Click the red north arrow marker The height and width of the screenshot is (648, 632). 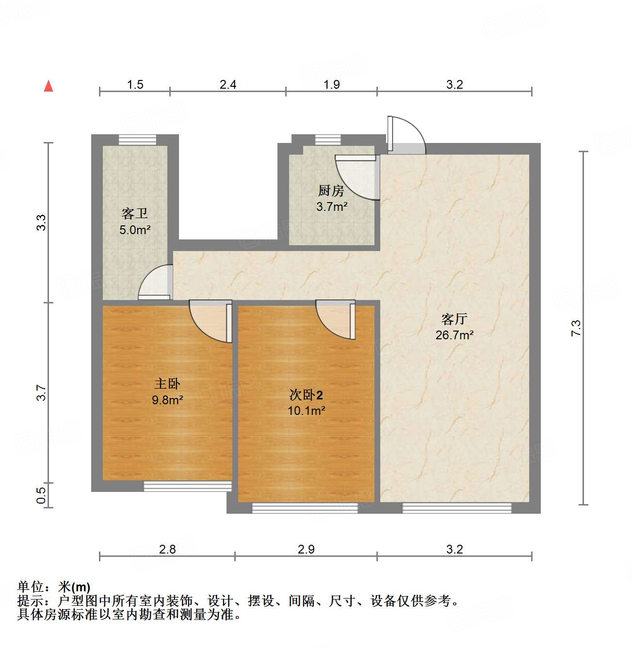[x=49, y=86]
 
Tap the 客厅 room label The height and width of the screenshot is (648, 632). [x=454, y=319]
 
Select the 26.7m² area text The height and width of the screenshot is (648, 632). [x=454, y=335]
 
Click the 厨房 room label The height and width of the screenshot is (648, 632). [x=331, y=190]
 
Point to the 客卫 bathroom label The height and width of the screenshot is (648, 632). [x=135, y=213]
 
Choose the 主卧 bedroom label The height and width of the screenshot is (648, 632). [x=167, y=384]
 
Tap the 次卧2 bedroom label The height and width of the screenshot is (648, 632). [x=306, y=395]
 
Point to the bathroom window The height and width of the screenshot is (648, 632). [x=138, y=140]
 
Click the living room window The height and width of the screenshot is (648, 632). [x=457, y=508]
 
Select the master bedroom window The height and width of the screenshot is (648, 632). [x=188, y=486]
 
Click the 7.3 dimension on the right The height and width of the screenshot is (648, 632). [x=576, y=328]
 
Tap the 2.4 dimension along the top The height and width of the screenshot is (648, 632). [x=227, y=85]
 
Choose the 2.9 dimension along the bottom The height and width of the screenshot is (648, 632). [x=306, y=549]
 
